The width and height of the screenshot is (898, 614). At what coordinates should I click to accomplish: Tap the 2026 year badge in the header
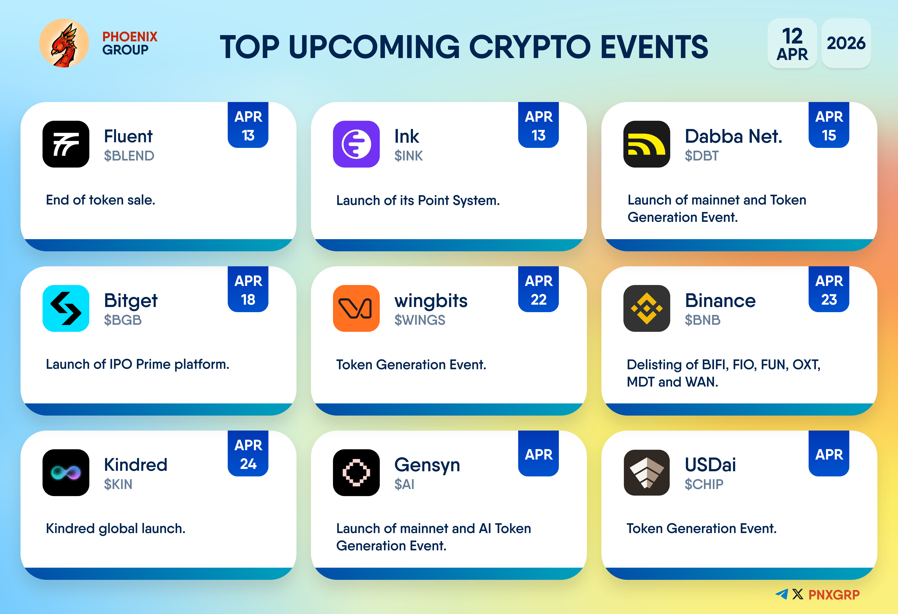click(x=846, y=43)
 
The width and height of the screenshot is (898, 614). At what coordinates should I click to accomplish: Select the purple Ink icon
click(x=356, y=144)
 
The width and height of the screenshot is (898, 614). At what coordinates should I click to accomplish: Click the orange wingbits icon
click(x=356, y=308)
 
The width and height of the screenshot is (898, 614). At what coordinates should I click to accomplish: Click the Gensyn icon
click(x=356, y=472)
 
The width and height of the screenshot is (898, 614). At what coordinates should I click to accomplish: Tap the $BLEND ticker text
click(x=129, y=156)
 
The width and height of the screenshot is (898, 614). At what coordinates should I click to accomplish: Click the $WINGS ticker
click(x=420, y=320)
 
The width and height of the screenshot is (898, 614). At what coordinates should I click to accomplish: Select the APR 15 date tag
click(x=829, y=125)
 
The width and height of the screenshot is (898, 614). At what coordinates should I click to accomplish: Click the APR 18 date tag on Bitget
click(x=248, y=289)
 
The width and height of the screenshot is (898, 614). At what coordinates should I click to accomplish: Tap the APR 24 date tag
click(x=248, y=453)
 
